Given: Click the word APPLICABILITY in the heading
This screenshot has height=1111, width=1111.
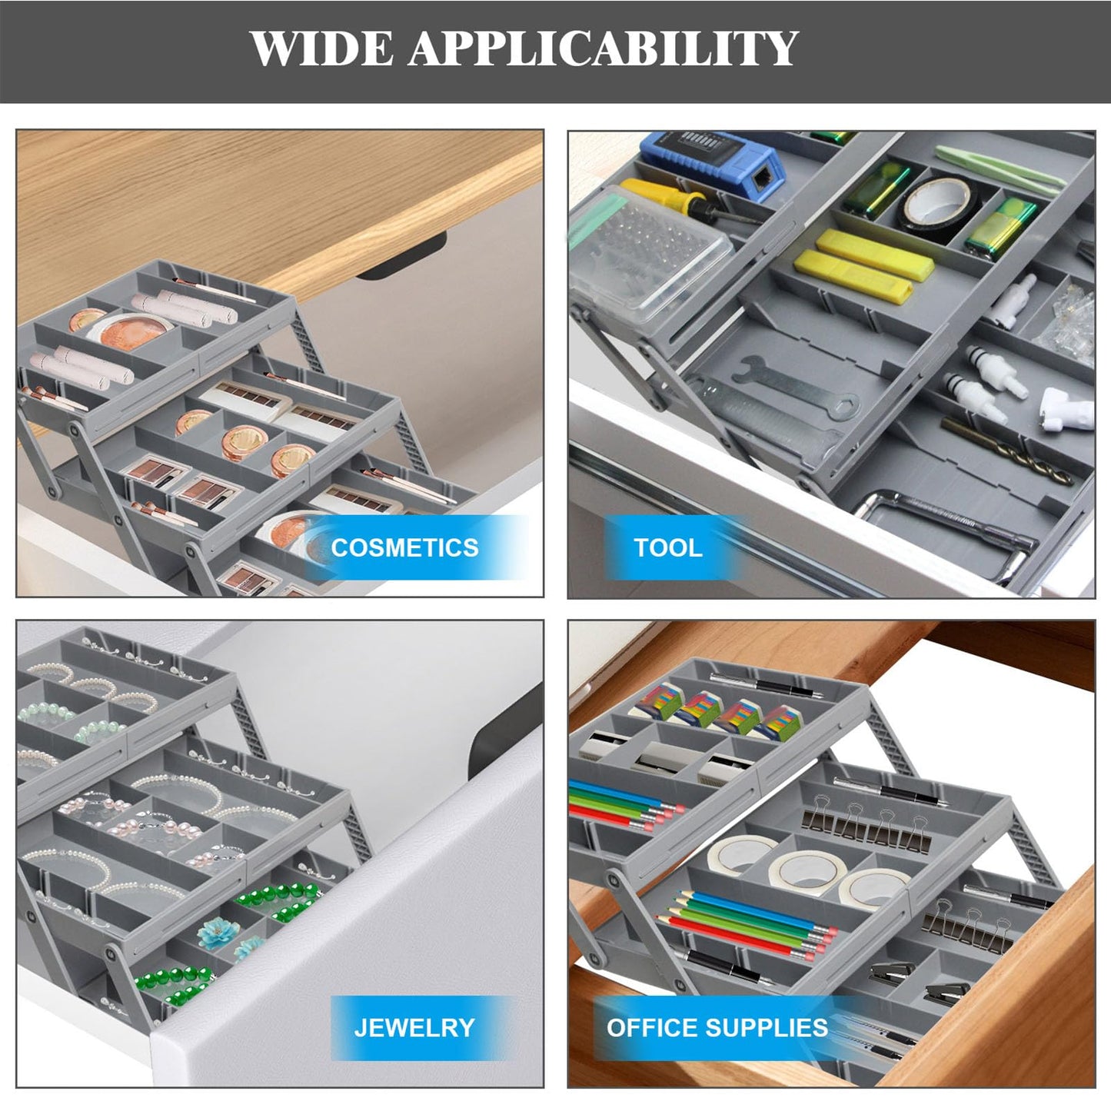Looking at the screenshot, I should (604, 49).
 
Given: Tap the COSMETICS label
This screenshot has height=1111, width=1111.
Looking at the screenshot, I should (404, 547).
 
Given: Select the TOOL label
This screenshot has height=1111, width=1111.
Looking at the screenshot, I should (667, 547).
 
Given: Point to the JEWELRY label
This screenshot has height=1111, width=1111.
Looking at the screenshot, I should (414, 1027).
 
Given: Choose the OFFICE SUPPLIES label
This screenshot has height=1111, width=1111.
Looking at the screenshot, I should (717, 1027).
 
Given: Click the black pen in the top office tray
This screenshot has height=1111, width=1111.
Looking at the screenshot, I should (757, 684).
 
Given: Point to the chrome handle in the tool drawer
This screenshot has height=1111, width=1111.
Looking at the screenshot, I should (946, 523).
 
